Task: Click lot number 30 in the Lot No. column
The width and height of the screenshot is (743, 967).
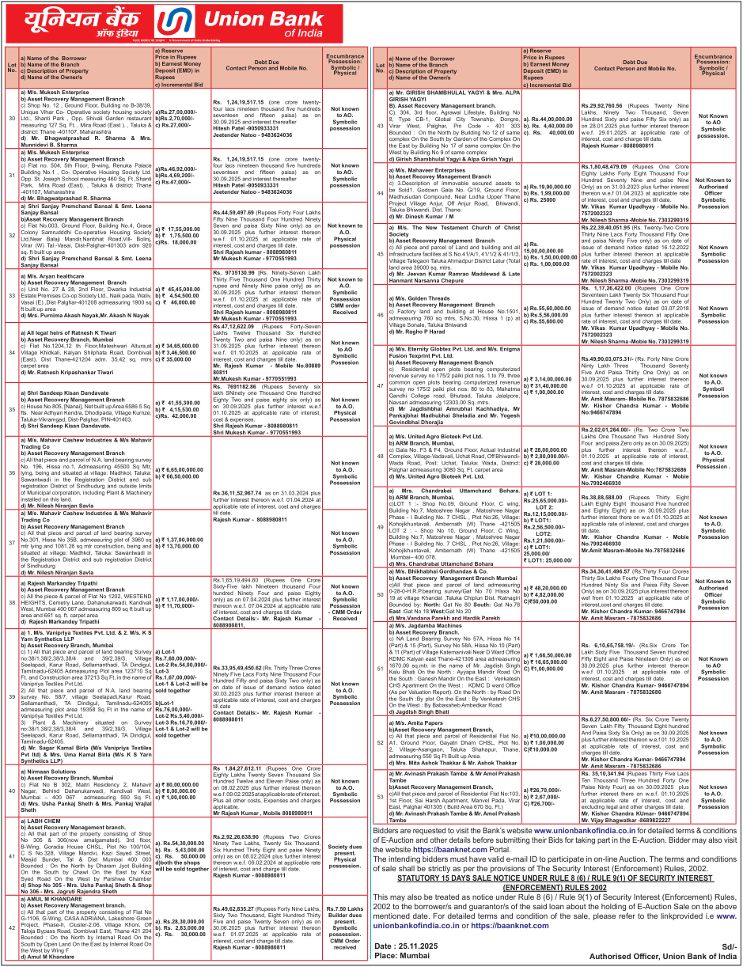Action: point(11,119)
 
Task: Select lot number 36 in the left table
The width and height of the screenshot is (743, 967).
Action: point(11,472)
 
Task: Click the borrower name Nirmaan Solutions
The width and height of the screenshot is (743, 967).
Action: point(52,768)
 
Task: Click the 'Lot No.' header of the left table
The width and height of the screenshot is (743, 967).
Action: point(11,66)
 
